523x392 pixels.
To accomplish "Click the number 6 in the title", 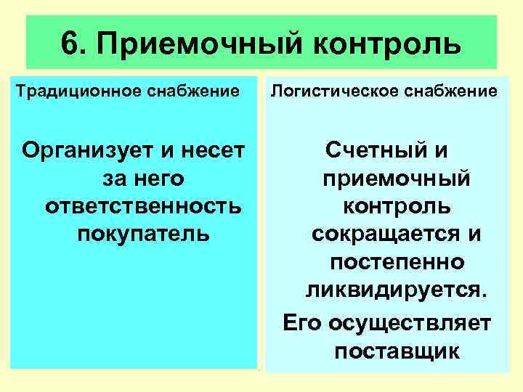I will click(71, 43).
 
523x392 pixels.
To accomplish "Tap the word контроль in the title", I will click(389, 44).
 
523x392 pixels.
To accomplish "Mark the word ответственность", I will click(142, 206).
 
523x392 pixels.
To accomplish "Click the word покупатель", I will click(142, 234).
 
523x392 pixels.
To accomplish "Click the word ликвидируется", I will click(395, 289).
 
